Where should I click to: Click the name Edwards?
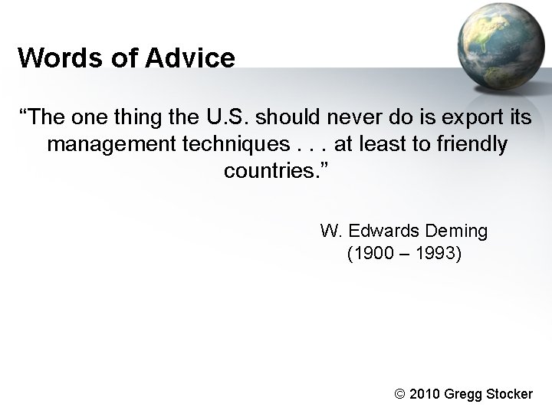[379, 230]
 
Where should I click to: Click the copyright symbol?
[398, 394]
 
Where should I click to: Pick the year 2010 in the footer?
[426, 394]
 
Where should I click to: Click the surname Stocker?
[507, 394]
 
